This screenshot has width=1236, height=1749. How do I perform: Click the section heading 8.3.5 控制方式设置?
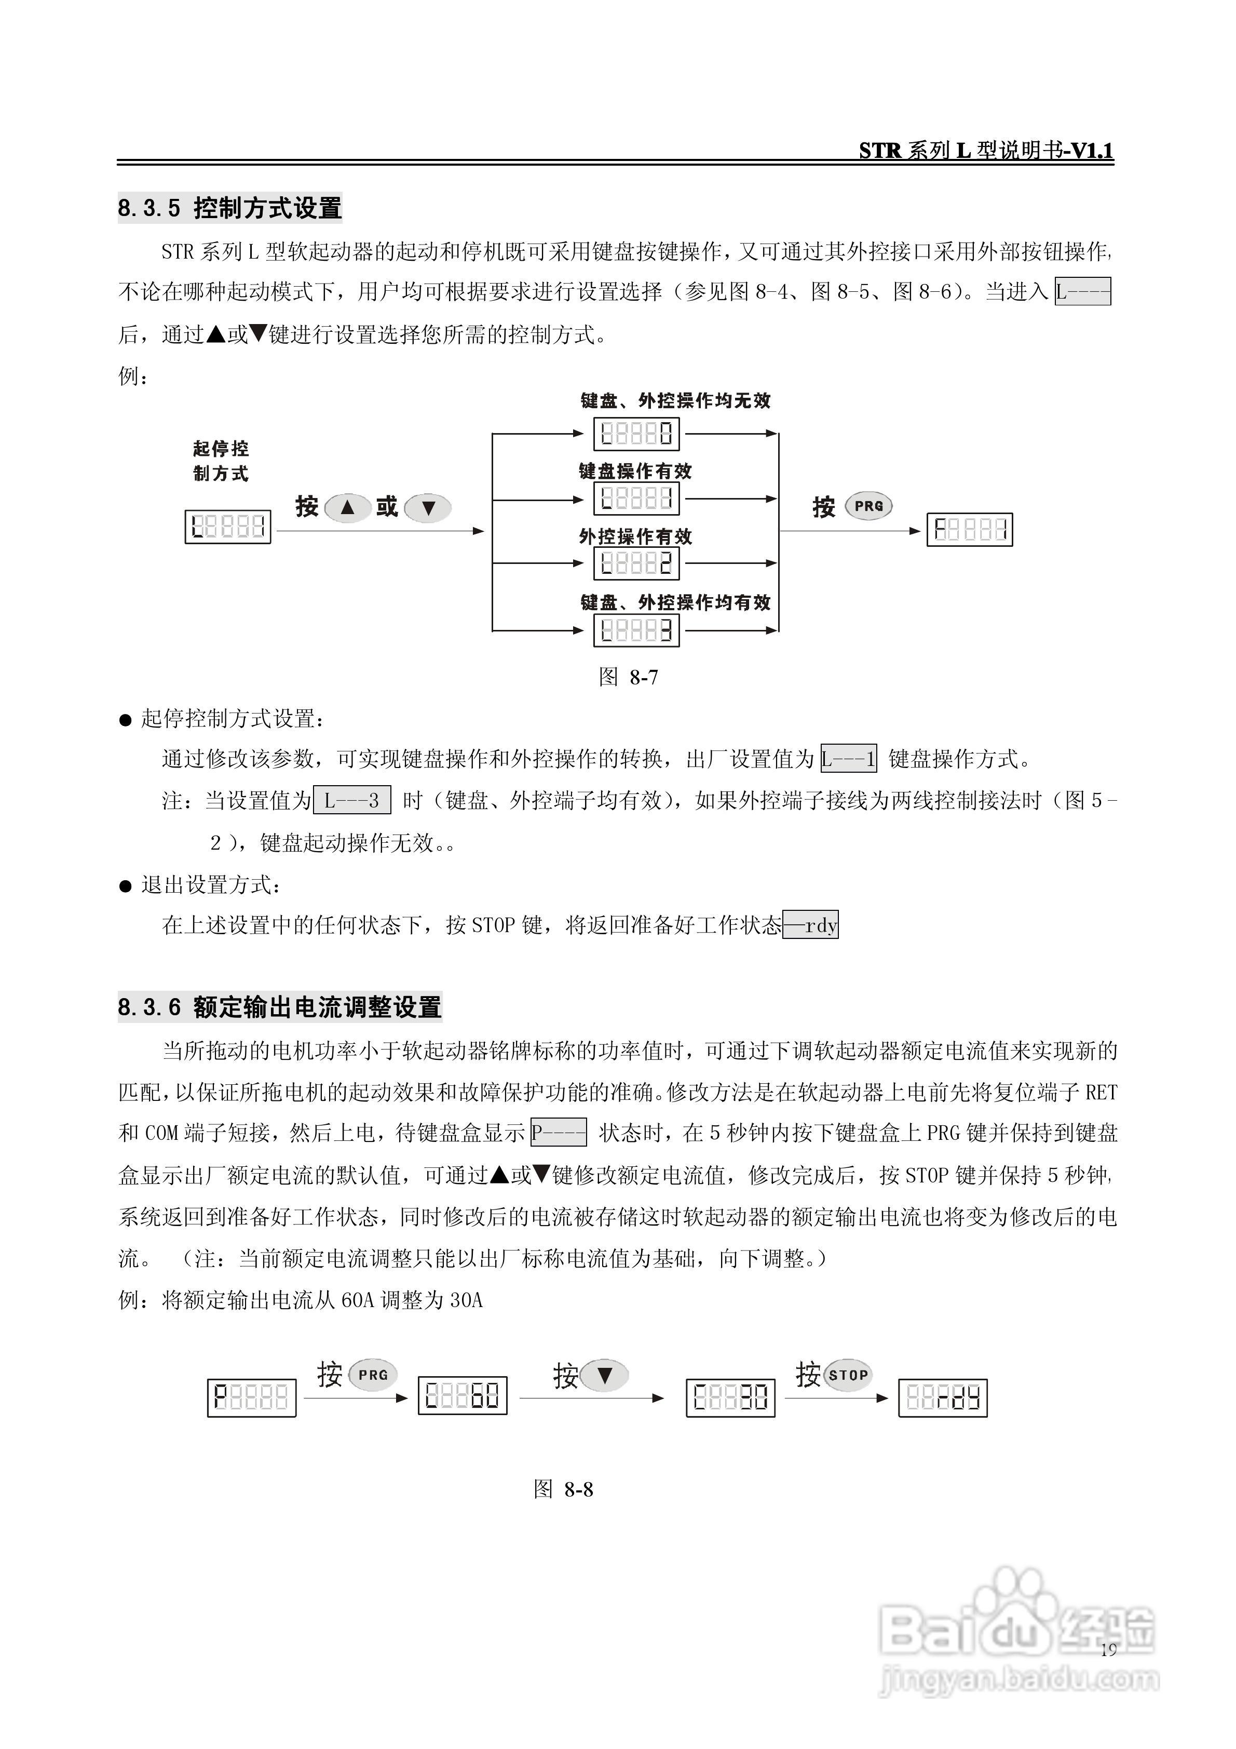coord(229,208)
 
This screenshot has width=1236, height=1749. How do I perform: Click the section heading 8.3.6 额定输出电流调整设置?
coord(279,1007)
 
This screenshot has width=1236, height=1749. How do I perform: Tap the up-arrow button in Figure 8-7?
coord(347,507)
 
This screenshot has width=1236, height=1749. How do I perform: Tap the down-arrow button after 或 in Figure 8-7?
coord(428,508)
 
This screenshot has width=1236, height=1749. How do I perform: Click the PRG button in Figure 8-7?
coord(868,506)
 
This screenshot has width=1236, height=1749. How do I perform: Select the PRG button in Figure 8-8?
coord(373,1375)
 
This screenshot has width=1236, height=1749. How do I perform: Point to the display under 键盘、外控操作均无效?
coord(636,434)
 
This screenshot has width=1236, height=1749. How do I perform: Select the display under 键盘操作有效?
coord(636,499)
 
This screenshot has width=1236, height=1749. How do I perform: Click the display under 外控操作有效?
coord(636,564)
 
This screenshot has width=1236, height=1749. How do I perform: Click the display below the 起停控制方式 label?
coord(228,527)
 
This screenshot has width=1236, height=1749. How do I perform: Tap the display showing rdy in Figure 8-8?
coord(943,1398)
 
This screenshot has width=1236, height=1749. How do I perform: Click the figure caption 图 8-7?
coord(628,677)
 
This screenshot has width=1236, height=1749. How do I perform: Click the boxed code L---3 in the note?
coord(352,801)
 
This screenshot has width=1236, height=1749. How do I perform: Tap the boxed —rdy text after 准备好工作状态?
coord(810,925)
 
